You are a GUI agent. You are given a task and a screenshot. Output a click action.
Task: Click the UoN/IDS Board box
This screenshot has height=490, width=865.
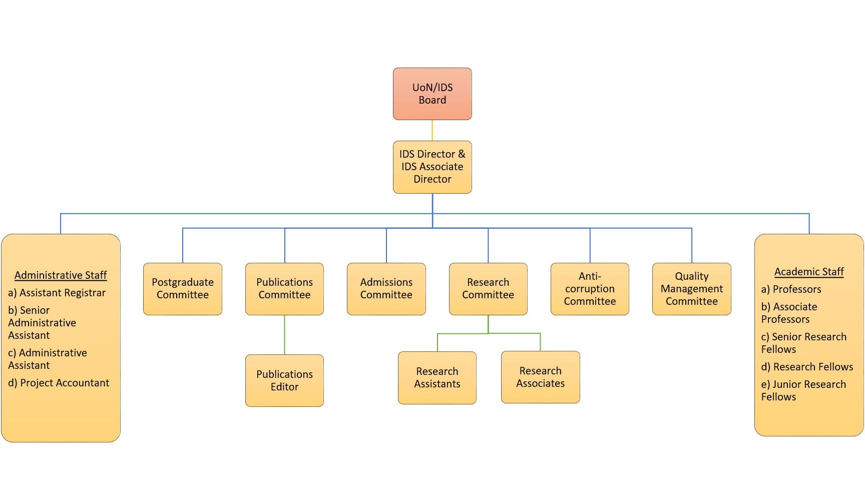432,94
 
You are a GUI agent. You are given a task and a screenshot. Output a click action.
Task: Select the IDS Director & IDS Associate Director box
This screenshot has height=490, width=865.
432,167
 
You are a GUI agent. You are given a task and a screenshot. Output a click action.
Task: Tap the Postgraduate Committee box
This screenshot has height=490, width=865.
183,289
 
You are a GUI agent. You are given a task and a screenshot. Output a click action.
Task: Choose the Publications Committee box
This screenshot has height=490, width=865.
284,289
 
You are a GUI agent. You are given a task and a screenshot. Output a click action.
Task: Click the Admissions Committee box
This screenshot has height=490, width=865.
386,289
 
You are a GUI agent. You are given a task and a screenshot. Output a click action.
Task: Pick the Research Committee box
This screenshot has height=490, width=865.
488,289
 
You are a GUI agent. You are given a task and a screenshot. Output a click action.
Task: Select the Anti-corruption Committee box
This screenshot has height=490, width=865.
590,289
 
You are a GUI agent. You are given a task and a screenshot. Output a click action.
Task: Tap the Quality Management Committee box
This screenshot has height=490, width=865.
692,289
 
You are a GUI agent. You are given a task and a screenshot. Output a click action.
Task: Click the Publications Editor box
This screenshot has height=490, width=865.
284,380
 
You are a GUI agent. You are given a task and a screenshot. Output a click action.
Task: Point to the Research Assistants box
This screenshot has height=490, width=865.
437,377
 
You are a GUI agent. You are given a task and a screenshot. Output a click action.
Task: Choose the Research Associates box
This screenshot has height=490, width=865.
541,377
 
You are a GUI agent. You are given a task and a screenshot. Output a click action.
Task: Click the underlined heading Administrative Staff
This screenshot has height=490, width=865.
61,275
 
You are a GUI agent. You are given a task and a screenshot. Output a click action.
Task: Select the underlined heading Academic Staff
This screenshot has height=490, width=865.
809,272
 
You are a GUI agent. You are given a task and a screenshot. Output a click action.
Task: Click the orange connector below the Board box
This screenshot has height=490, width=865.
432,130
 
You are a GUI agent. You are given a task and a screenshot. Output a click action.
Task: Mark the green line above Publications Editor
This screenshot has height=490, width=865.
284,334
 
